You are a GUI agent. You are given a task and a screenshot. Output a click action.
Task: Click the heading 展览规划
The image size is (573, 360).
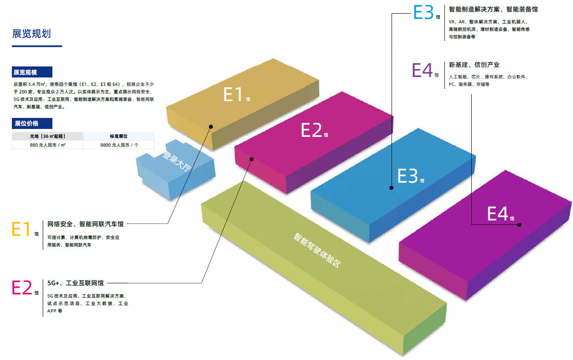32,33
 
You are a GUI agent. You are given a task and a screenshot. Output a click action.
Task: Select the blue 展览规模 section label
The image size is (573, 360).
26,73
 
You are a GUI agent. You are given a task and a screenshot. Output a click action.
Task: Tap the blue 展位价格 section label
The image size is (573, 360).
26,123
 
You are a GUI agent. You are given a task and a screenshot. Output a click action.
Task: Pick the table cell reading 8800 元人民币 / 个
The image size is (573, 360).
119,145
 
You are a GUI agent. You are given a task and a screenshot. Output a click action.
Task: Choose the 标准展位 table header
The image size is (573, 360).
119,136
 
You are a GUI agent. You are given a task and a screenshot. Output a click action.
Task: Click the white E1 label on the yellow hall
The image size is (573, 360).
233,95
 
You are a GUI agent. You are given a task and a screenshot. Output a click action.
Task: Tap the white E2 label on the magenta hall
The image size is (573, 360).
311,130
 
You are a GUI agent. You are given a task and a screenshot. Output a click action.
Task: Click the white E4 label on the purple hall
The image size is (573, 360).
498,214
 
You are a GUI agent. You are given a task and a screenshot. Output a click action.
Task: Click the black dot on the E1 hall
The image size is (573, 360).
211,127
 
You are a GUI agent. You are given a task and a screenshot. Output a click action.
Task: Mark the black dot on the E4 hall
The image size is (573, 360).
519,225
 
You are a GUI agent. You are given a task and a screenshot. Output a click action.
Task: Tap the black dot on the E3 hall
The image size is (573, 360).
391,188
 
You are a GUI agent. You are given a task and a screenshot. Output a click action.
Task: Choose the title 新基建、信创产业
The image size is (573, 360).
474,65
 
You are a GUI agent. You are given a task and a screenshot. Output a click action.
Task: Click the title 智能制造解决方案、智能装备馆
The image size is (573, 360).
493,9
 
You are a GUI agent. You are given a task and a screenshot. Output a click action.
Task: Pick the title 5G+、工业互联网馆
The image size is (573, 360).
75,283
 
